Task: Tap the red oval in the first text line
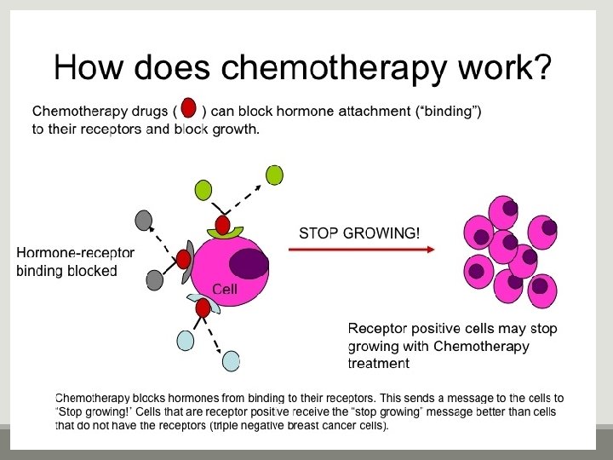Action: [189, 108]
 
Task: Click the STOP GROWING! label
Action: [358, 233]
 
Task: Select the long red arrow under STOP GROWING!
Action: [361, 250]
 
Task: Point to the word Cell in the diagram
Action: [225, 290]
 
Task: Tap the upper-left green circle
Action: [203, 189]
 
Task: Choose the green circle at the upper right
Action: [274, 175]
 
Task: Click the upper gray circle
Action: [143, 220]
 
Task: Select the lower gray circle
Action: [154, 279]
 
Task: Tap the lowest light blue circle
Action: [232, 361]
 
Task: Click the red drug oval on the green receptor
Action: [222, 225]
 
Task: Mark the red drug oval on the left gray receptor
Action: [183, 259]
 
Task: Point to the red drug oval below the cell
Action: [203, 308]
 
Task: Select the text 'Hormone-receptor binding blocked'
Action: [75, 262]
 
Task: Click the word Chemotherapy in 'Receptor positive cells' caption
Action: [481, 347]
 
